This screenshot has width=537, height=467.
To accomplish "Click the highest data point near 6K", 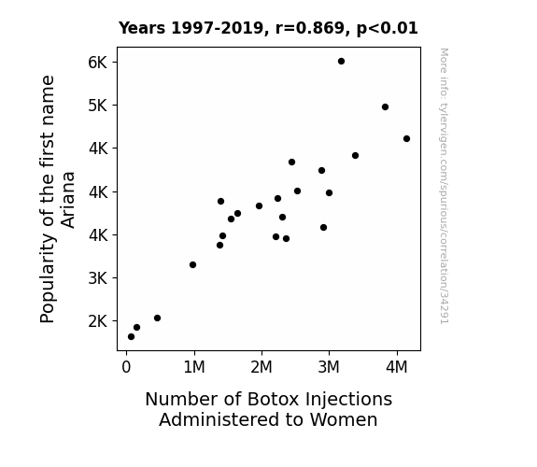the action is tap(341, 62).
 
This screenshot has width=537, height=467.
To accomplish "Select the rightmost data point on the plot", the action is tap(406, 139).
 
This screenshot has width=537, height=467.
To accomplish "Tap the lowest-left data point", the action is tap(131, 337).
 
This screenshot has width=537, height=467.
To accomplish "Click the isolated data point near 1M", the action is tap(192, 265).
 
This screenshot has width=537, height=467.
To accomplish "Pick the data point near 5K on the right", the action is tap(385, 106).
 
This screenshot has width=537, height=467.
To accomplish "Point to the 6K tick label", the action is tap(98, 63).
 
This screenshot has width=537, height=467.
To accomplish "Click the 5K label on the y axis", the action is tap(98, 106).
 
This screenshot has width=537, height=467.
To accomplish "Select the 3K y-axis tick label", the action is tap(98, 278).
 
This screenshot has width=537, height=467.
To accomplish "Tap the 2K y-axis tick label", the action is tap(98, 321).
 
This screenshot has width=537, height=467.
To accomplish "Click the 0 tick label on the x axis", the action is tap(126, 367).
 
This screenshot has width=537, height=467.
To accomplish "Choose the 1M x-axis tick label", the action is tap(194, 367).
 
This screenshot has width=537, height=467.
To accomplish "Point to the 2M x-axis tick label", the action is tap(261, 367).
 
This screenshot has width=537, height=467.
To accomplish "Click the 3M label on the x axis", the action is tap(329, 367).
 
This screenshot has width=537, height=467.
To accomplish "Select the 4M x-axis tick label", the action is tap(397, 367).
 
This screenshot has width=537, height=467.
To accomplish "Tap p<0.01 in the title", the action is tap(387, 29).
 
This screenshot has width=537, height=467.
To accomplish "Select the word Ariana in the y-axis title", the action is tap(68, 200).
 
